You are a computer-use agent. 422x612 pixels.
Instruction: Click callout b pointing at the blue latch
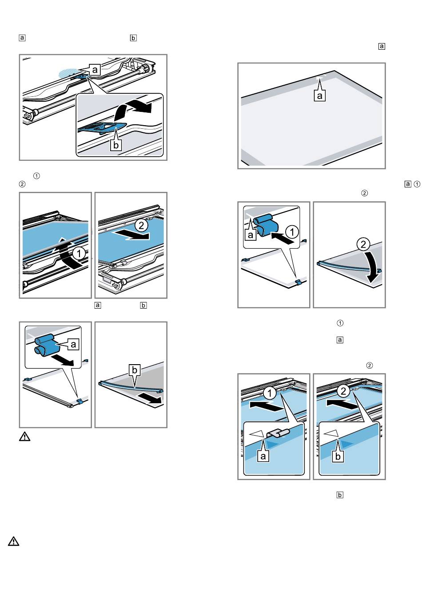(x=116, y=145)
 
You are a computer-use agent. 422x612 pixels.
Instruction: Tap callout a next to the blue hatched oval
(x=95, y=69)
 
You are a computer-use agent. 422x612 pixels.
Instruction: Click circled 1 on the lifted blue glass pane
(x=79, y=254)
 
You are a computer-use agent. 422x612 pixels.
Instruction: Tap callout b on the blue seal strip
(x=134, y=370)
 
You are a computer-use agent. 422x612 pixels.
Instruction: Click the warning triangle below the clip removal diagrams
(x=25, y=437)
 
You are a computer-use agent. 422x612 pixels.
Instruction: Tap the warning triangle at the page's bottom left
(x=14, y=541)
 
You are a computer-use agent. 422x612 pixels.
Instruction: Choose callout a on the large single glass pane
(x=320, y=95)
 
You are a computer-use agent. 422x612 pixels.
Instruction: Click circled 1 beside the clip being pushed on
(x=292, y=231)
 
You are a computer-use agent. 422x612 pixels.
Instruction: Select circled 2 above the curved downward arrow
(x=363, y=244)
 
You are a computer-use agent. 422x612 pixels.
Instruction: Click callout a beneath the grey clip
(x=264, y=456)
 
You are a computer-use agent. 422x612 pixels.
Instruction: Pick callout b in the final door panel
(x=338, y=456)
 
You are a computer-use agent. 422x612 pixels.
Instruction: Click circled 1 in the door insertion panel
(x=270, y=393)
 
